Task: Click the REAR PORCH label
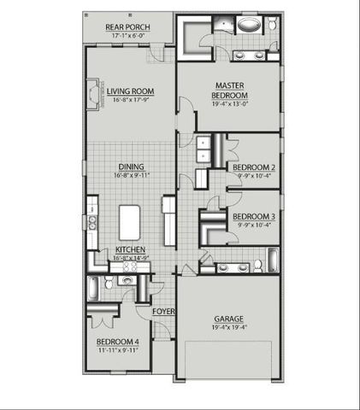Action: (x=130, y=26)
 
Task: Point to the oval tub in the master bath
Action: (x=249, y=25)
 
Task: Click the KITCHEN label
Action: (x=131, y=249)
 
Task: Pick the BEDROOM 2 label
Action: (x=253, y=167)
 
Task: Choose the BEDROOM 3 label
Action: (x=253, y=216)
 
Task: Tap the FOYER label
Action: (x=163, y=312)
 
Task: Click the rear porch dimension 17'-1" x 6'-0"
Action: (x=130, y=35)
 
